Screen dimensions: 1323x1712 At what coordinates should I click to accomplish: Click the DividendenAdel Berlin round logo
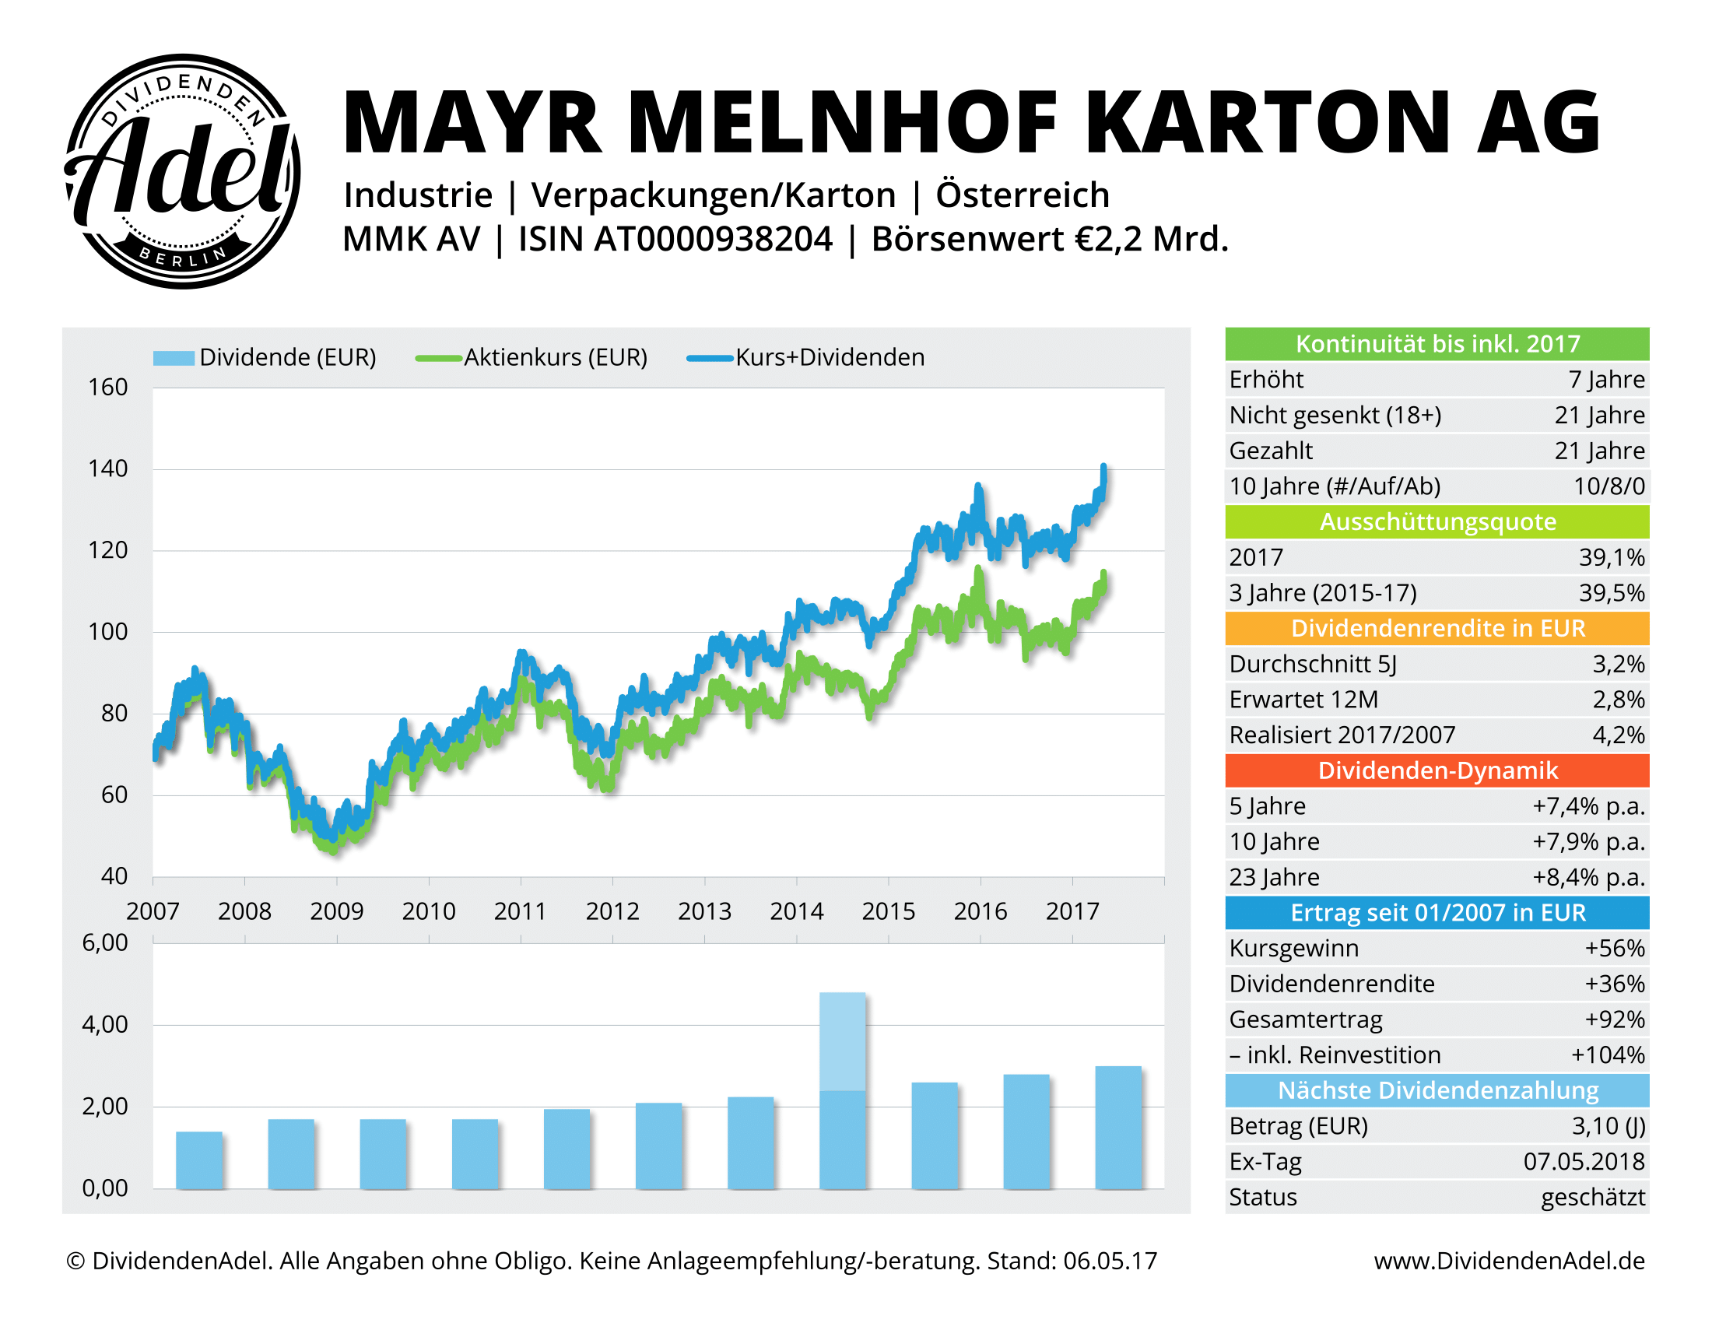182,171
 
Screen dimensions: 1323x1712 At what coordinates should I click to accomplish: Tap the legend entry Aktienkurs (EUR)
554,357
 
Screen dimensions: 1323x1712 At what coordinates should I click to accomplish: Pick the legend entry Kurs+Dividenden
829,357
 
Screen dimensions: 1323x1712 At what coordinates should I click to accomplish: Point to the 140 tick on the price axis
107,468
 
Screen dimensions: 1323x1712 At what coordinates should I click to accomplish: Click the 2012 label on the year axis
612,911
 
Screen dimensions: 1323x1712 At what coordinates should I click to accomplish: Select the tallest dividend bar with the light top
843,1090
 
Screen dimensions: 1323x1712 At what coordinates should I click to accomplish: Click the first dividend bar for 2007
199,1160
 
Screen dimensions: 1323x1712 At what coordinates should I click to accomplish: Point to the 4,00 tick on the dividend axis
105,1024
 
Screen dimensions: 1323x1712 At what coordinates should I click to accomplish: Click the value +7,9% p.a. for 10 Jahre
1588,842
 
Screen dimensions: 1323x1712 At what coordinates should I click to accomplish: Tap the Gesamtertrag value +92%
1614,1019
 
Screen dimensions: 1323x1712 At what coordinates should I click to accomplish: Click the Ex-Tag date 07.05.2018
1584,1162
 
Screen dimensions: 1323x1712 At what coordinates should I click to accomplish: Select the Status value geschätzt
1592,1198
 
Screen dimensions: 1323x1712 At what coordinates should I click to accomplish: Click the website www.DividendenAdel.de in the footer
1508,1261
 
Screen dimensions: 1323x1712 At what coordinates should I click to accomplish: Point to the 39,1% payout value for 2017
1611,557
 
